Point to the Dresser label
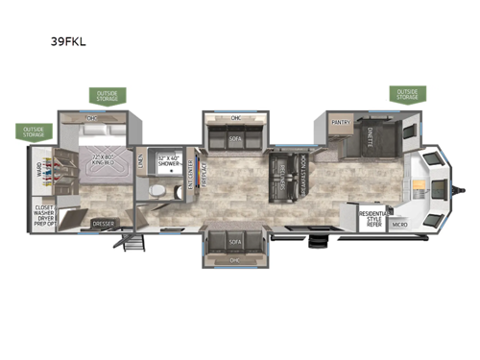click(104, 226)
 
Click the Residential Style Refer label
click(372, 219)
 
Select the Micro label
click(399, 225)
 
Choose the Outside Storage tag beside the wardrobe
click(34, 132)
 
